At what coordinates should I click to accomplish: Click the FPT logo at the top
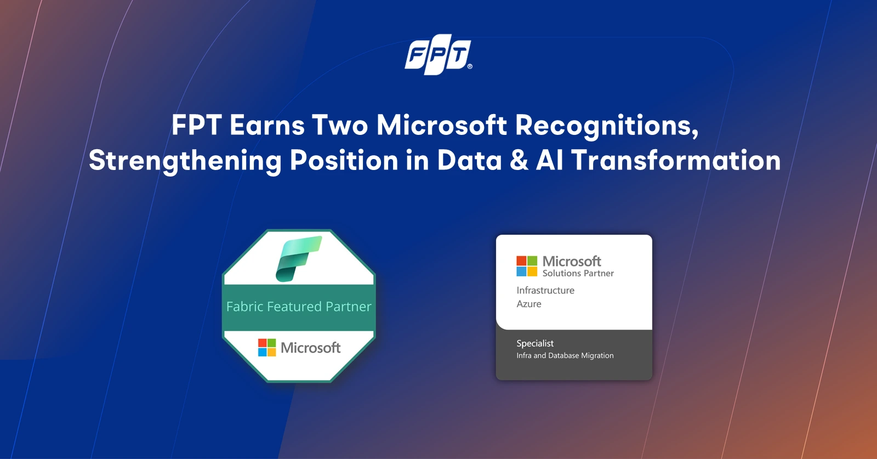(x=438, y=54)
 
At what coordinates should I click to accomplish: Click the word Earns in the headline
(x=267, y=126)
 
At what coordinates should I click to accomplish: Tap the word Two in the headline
(x=340, y=126)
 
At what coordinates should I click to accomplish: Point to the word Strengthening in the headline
(x=185, y=161)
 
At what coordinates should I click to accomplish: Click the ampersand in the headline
(x=519, y=161)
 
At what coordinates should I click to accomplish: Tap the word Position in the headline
(x=344, y=161)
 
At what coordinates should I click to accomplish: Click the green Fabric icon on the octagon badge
(x=299, y=258)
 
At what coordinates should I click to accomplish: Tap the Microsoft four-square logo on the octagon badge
(x=267, y=348)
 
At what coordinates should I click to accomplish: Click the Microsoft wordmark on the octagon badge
(x=310, y=348)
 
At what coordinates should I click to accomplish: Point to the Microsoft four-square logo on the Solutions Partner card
(x=527, y=267)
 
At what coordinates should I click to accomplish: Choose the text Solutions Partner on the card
(x=578, y=273)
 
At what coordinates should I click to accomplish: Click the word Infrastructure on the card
(x=545, y=290)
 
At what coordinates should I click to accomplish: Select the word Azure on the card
(x=529, y=304)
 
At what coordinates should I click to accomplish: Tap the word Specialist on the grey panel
(x=535, y=343)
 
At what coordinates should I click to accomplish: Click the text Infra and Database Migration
(x=565, y=355)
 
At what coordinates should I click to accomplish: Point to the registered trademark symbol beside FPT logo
(x=470, y=66)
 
